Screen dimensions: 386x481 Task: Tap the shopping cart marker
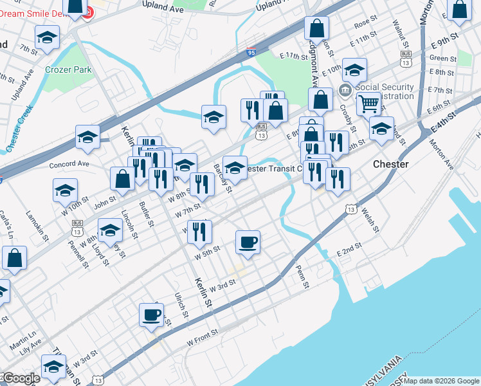[x=368, y=103]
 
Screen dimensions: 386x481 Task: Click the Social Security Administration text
[x=385, y=91]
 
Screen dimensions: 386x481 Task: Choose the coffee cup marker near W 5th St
[x=248, y=243]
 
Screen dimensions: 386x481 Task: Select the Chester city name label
[x=390, y=164]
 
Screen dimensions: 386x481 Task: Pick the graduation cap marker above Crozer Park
[x=47, y=39]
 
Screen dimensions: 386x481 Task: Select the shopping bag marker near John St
[x=122, y=180]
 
